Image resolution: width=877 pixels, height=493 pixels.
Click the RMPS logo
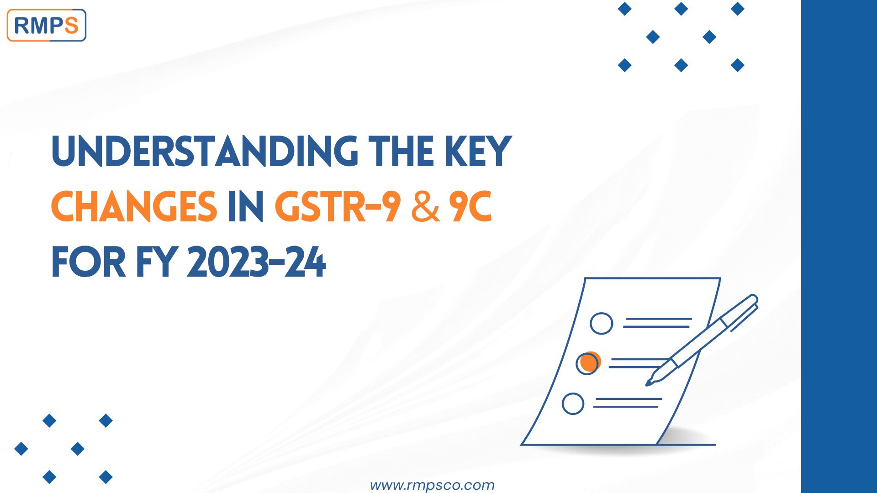(46, 26)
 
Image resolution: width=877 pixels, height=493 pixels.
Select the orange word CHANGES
(134, 207)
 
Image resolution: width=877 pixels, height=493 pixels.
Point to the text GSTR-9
(338, 207)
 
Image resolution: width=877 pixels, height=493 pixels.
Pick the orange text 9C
(470, 207)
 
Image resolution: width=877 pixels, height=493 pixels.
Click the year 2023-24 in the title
(256, 262)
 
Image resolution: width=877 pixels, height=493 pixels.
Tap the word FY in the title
(156, 262)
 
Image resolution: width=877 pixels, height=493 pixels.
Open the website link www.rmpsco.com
(432, 485)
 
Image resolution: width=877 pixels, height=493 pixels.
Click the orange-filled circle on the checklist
(588, 363)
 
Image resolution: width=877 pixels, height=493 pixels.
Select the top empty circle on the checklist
(601, 323)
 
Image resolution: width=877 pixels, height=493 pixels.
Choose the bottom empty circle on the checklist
(573, 404)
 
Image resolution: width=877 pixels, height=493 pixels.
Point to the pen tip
(649, 383)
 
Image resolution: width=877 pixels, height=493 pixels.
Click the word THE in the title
(401, 152)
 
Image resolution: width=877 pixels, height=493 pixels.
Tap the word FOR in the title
(89, 262)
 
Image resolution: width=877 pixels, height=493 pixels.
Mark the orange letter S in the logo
(71, 26)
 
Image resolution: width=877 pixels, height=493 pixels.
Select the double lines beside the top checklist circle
(657, 323)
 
